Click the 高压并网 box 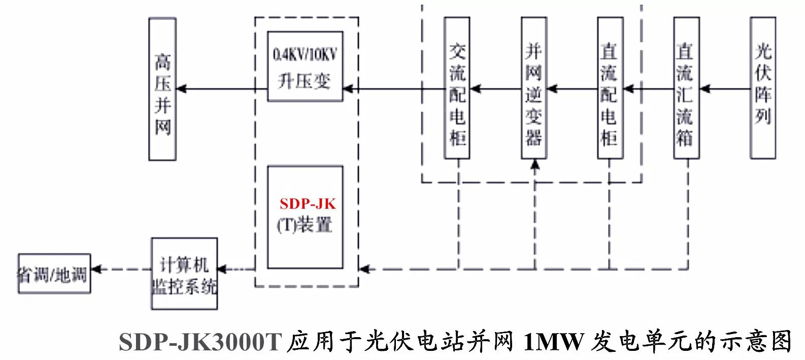(162, 89)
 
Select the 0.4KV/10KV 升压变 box (305, 67)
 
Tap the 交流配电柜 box (457, 88)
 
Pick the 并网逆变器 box (533, 88)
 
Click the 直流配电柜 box (610, 88)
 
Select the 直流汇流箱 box (686, 88)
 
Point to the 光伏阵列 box (763, 88)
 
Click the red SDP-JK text (308, 204)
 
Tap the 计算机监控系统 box (184, 274)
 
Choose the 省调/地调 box (54, 274)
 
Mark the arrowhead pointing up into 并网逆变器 (534, 165)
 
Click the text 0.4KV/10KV (305, 54)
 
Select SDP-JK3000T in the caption (199, 342)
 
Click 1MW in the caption (553, 342)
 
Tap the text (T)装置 (305, 225)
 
